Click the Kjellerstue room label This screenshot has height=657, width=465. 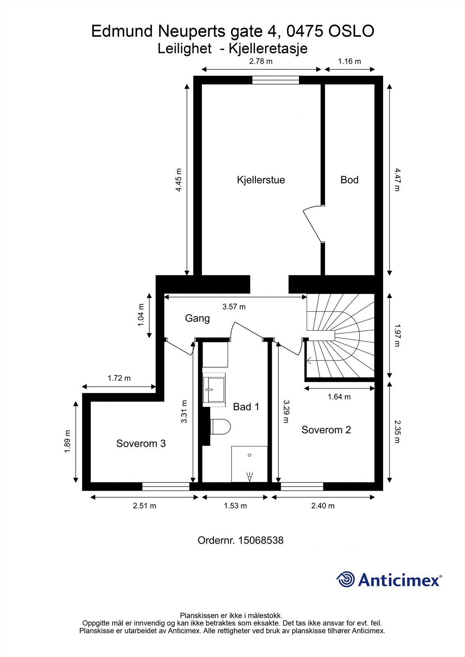coord(261,180)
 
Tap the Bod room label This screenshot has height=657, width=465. coord(349,180)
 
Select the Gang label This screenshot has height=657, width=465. coord(197,318)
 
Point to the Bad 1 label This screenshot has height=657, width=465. coord(246,407)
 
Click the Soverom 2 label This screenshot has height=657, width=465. coord(326,430)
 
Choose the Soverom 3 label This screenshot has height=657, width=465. coord(141,443)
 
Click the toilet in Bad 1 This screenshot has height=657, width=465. coord(220,427)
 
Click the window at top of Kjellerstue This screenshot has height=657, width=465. coord(275,80)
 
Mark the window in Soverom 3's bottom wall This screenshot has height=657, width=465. coord(166,487)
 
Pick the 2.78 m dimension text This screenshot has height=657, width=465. coord(261,62)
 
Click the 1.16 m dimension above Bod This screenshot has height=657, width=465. coord(349,62)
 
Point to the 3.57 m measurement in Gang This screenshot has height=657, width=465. coord(234,306)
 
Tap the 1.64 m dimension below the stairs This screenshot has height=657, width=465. coord(339,397)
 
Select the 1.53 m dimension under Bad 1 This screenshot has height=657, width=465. coord(235,506)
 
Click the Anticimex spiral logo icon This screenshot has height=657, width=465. coord(345,579)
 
